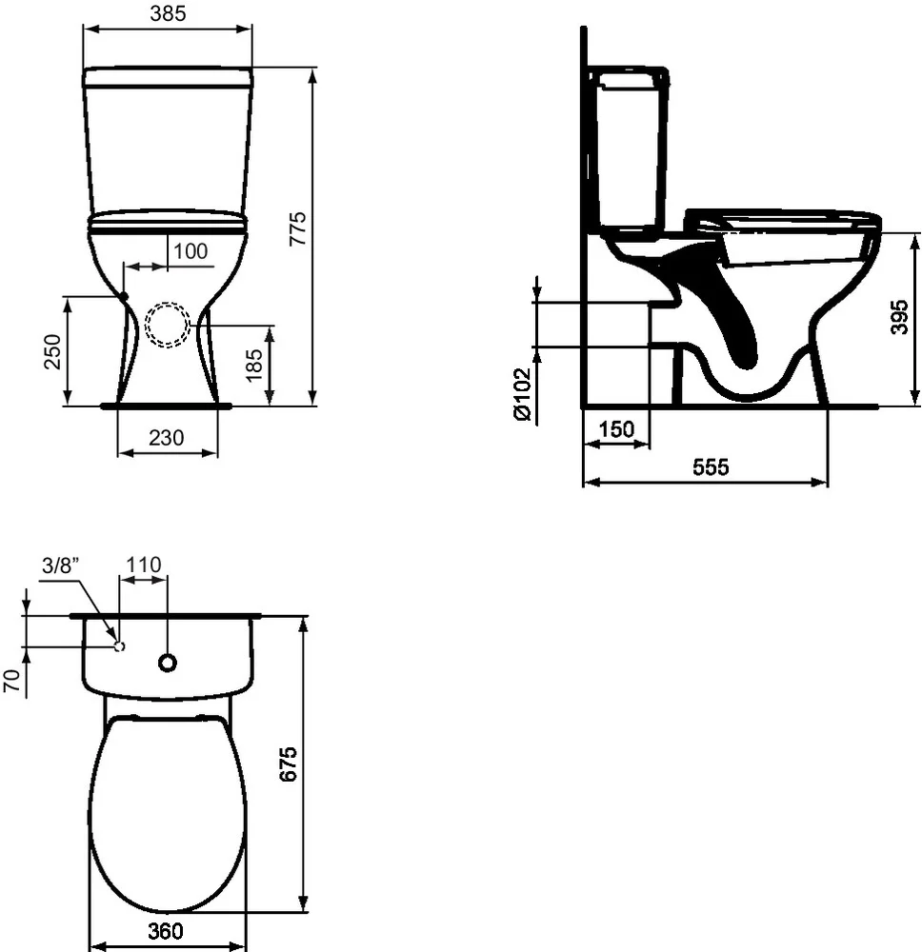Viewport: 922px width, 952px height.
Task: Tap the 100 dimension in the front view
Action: (190, 251)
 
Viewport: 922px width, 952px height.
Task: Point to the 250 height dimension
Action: (53, 351)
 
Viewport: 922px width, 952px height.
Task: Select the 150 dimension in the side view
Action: (616, 429)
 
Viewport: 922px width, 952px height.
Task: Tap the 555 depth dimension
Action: (710, 467)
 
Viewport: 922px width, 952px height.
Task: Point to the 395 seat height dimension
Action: (899, 317)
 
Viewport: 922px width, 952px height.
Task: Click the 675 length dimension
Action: (290, 764)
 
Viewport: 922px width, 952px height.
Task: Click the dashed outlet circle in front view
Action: (168, 324)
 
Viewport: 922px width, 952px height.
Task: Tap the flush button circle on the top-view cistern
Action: (168, 662)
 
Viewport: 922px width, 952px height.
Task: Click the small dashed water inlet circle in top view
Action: (119, 645)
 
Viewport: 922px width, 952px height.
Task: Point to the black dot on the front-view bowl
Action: (125, 296)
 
